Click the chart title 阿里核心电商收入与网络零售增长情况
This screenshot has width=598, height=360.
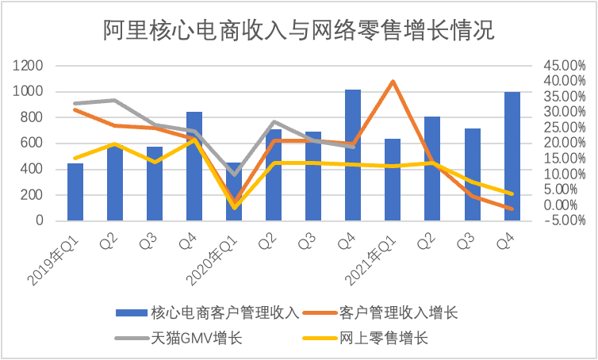click(299, 30)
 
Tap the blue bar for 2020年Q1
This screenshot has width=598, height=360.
click(234, 192)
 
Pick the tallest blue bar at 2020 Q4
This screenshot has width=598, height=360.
click(353, 155)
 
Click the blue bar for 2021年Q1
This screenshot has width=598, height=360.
click(393, 180)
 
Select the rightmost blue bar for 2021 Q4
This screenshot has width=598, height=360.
click(512, 156)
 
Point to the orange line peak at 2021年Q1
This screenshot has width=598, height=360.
click(393, 81)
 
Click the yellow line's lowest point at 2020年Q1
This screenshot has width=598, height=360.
click(234, 208)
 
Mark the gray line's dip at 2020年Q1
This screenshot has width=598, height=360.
click(234, 174)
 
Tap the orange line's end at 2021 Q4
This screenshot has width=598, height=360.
click(512, 209)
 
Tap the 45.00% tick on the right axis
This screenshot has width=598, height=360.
click(564, 66)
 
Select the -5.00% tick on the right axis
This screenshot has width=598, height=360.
click(564, 220)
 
